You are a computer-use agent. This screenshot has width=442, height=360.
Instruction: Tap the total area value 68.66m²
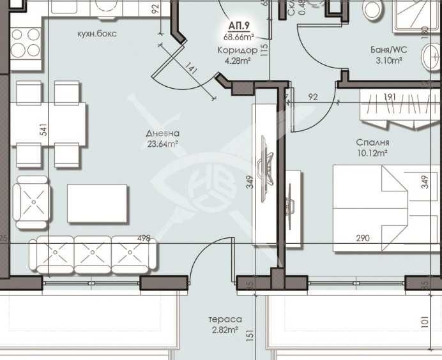240,37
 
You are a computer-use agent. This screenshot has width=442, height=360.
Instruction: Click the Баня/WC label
388,49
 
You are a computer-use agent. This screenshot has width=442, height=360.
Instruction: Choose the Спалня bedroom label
374,143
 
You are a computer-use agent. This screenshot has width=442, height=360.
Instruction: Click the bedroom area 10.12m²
374,153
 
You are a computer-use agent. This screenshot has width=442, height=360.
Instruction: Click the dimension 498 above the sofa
144,239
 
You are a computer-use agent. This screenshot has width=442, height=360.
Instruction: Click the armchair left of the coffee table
33,202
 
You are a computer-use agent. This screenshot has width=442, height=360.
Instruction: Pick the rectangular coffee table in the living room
97,203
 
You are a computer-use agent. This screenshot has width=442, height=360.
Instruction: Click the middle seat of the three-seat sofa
93,254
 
